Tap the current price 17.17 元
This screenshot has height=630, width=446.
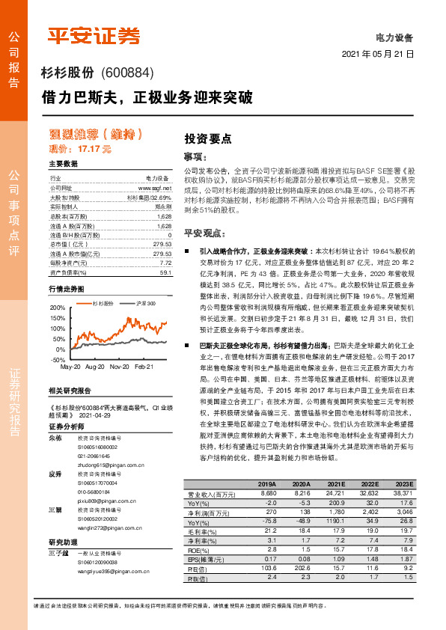click(x=95, y=149)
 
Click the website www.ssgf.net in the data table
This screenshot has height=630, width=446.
click(x=155, y=189)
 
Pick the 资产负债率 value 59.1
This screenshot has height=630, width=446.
click(x=165, y=273)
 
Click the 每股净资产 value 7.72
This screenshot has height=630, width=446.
click(x=165, y=263)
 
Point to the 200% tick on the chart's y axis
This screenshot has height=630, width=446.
click(x=57, y=308)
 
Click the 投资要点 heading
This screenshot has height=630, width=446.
click(x=208, y=138)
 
